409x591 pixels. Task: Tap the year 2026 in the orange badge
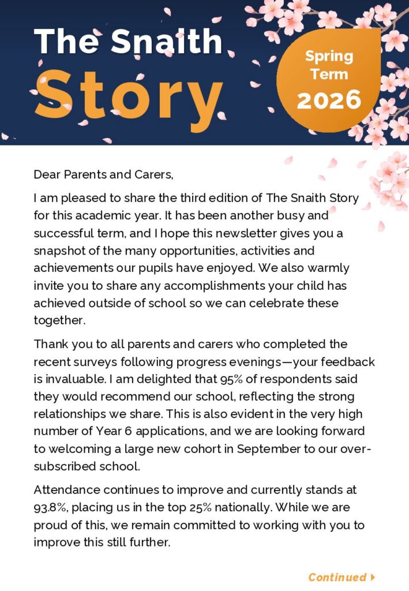[329, 100]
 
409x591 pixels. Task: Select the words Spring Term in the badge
[329, 65]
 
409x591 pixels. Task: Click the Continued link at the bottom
[337, 577]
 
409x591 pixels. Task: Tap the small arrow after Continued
[373, 577]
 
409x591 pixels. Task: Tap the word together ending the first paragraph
[59, 320]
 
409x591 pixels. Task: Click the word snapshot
[61, 251]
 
